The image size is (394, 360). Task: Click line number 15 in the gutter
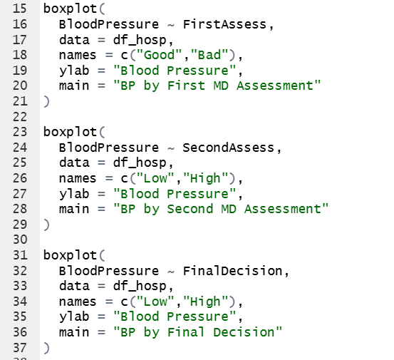coord(20,9)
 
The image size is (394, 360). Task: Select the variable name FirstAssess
coord(224,24)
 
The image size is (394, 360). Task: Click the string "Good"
coord(160,55)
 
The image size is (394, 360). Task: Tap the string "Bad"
coord(209,55)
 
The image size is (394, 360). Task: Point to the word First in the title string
coord(186,86)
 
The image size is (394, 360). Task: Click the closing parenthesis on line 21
coord(46,101)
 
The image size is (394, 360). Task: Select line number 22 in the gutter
coord(20,117)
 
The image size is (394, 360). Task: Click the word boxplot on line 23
coord(70,132)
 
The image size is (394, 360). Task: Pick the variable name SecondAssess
coord(229,148)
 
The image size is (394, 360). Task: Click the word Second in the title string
coord(190,209)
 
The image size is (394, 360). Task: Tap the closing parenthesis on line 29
coord(46,225)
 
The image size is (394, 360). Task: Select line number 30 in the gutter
coord(20,240)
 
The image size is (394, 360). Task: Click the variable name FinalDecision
coord(232,271)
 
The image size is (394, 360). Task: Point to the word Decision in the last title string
coord(244,332)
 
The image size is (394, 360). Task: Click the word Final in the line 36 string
coord(186,332)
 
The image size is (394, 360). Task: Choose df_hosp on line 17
coord(140,40)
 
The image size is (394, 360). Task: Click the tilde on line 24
coord(170,148)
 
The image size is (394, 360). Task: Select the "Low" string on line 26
coord(155,178)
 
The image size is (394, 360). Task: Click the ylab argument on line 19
coord(74,71)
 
